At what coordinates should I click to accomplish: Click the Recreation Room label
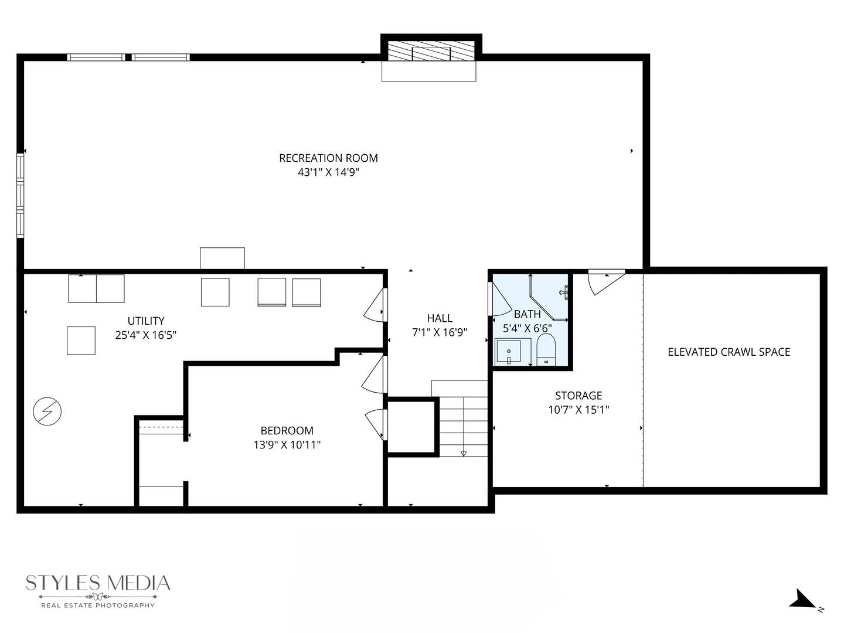pos(328,158)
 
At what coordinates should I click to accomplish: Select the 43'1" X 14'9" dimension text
pos(328,172)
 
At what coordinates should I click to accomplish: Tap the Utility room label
pos(146,321)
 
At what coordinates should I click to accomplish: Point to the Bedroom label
pos(287,430)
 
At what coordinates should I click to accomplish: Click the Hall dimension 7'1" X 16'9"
pos(440,332)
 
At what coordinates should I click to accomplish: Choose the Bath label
pos(527,314)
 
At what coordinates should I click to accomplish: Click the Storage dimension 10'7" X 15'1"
pos(578,410)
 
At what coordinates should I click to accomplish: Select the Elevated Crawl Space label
pos(729,352)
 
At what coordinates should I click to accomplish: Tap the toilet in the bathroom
pos(546,350)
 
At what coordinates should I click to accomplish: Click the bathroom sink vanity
pos(508,351)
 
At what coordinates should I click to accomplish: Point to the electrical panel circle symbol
pos(47,411)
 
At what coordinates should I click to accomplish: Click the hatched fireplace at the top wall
pos(432,51)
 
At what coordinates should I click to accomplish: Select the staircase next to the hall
pos(463,426)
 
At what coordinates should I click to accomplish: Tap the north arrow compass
pos(804,600)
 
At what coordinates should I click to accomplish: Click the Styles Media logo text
pos(98,583)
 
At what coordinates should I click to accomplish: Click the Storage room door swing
pos(604,282)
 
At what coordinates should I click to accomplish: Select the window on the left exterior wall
pos(21,195)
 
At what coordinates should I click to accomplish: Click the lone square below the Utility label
pos(81,341)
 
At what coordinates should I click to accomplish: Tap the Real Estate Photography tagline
pos(98,605)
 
